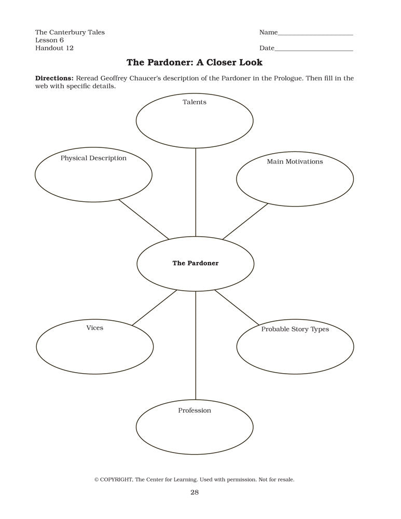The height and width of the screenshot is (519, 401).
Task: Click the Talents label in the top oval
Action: tap(195, 102)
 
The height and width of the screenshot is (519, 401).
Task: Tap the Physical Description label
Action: tap(93, 158)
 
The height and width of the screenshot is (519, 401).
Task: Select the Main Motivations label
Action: tap(295, 161)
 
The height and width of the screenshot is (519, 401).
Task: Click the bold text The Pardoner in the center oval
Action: tap(196, 263)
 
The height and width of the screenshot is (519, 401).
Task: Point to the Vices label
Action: tap(95, 328)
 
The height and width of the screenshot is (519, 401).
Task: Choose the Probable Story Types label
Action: tap(295, 329)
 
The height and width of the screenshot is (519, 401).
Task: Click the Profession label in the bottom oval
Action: tap(195, 411)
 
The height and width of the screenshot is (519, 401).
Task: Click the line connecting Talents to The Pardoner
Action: tap(196, 192)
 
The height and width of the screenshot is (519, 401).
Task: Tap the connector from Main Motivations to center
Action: tap(245, 221)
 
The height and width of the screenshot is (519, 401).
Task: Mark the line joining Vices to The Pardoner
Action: tap(155, 308)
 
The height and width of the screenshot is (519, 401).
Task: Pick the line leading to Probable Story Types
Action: tap(237, 308)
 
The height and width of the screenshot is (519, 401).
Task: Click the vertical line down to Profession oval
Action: tap(196, 345)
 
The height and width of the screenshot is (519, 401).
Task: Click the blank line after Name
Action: tap(315, 34)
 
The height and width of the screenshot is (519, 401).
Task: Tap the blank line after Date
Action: tap(314, 50)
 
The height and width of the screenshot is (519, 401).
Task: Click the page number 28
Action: tap(195, 493)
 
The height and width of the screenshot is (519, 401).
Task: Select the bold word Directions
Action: tap(54, 78)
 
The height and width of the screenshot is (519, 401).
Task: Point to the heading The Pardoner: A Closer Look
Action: tap(195, 63)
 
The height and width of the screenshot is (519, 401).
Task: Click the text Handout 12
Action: tap(54, 48)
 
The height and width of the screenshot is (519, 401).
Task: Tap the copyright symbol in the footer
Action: tap(96, 480)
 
